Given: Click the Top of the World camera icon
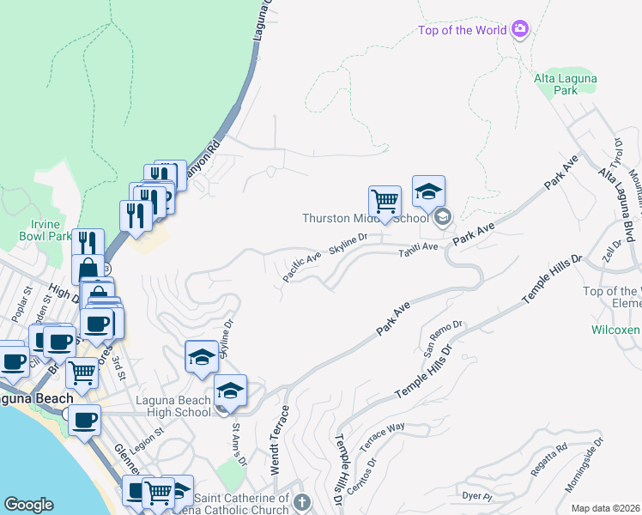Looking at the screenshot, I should click(x=519, y=30).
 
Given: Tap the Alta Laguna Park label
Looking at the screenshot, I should click(x=566, y=83).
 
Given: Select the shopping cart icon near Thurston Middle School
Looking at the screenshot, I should click(x=385, y=202).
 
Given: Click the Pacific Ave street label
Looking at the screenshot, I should click(x=302, y=266).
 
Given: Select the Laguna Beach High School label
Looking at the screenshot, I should click(x=173, y=406).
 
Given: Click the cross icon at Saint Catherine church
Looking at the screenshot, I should click(x=301, y=501).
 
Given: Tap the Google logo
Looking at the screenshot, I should click(x=28, y=505).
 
